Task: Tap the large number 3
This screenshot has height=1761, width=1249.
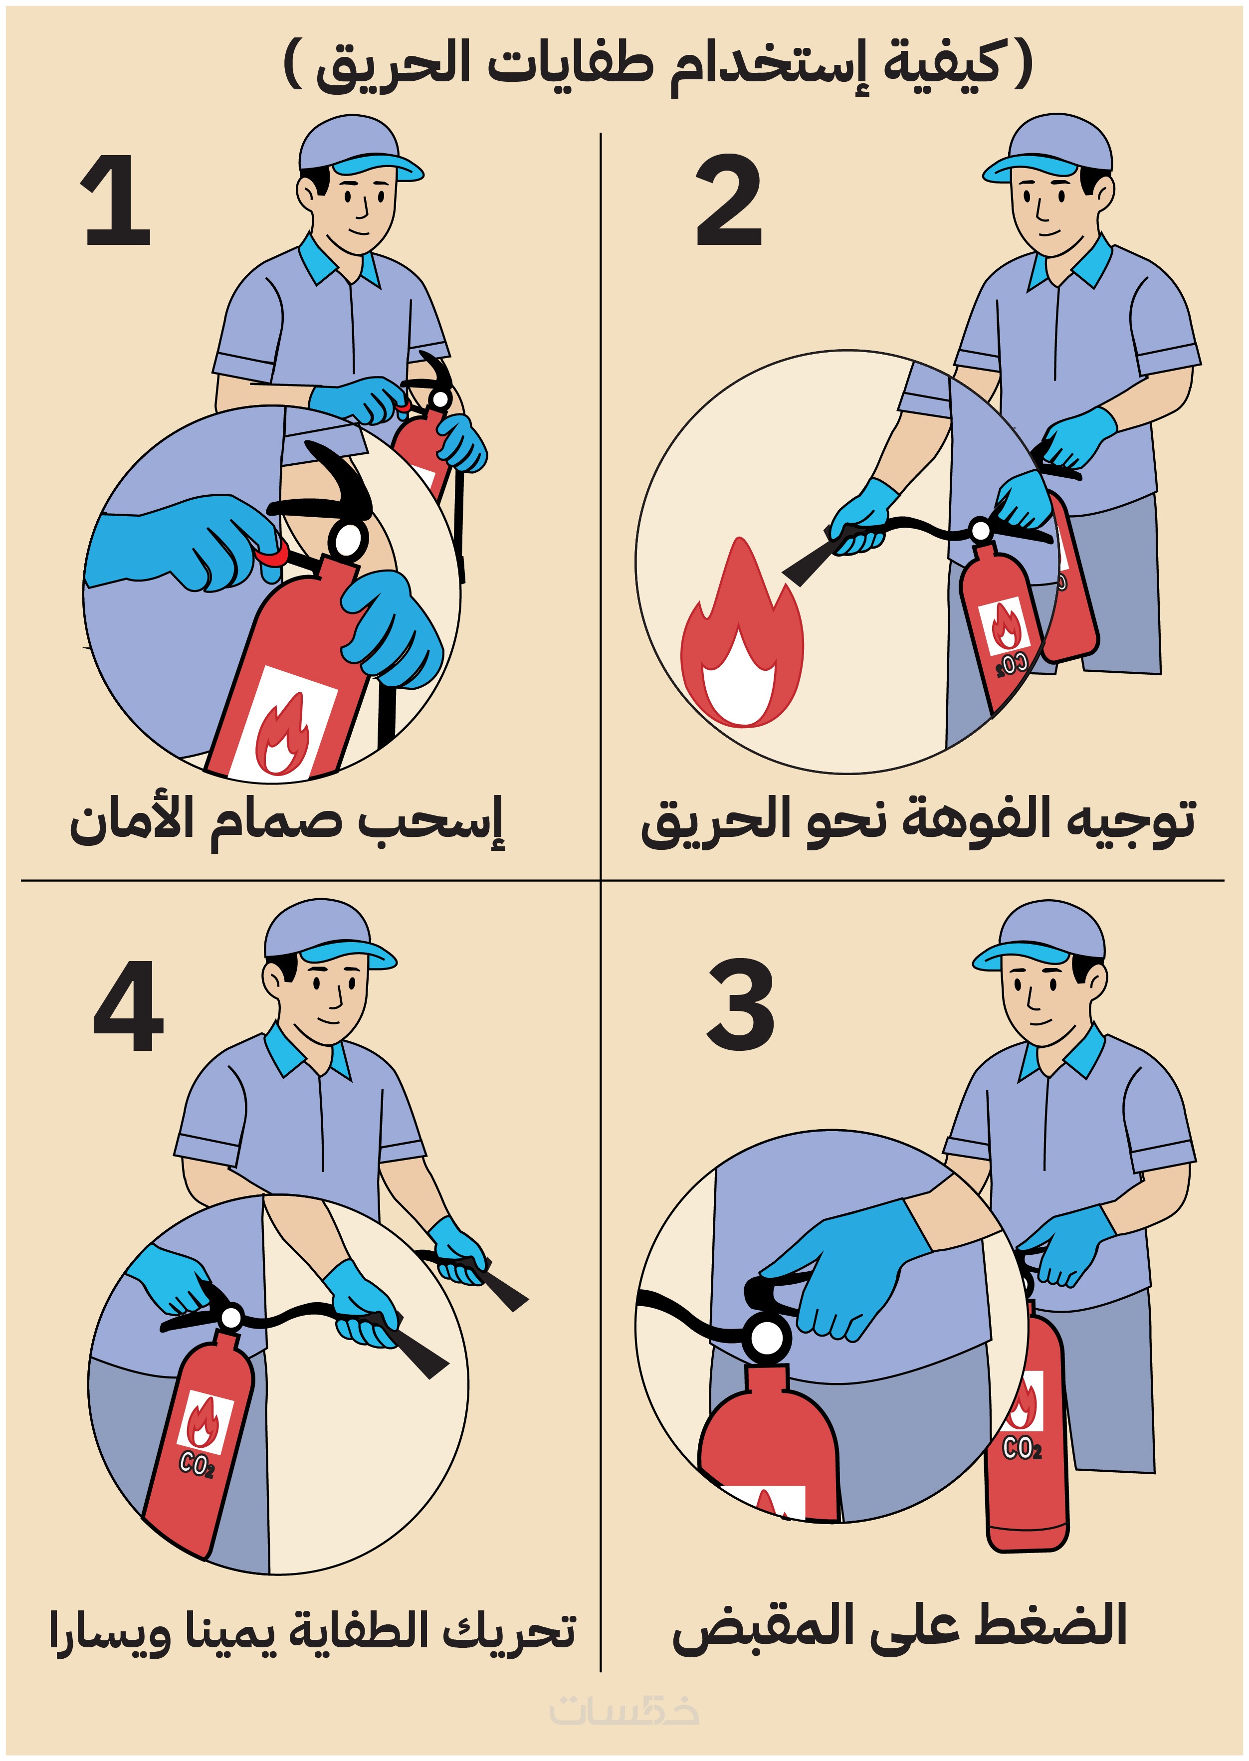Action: click(x=740, y=1004)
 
